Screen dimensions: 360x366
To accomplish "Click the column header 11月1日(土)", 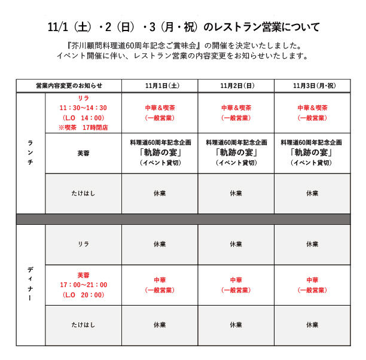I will click(x=160, y=86).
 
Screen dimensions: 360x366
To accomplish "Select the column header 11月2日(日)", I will click(x=236, y=86).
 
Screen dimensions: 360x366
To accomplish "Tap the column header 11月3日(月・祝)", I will click(x=312, y=86).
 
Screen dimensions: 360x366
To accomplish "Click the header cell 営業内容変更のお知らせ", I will click(x=69, y=86).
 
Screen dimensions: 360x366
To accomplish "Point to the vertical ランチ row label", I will click(x=30, y=153).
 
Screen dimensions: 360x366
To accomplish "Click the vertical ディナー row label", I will click(x=30, y=285).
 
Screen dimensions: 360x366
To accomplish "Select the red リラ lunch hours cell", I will click(x=83, y=113).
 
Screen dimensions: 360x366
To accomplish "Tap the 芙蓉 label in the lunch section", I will click(x=83, y=153).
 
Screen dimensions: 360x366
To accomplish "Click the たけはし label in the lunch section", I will click(x=83, y=193).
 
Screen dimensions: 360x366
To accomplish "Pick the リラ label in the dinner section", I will click(x=83, y=244).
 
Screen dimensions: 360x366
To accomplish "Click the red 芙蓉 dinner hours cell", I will click(x=83, y=285).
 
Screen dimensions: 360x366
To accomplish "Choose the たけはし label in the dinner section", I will click(x=83, y=325).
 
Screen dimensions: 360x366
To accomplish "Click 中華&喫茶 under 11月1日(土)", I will click(x=160, y=108).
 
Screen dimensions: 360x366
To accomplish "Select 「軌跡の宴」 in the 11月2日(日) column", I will click(x=236, y=152).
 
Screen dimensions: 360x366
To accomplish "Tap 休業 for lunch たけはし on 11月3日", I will click(x=312, y=193).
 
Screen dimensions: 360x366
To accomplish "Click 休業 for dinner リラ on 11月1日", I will click(x=160, y=244).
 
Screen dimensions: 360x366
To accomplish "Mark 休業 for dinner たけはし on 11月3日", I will click(x=312, y=325).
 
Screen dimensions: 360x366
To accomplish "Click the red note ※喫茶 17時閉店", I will click(x=83, y=127).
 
